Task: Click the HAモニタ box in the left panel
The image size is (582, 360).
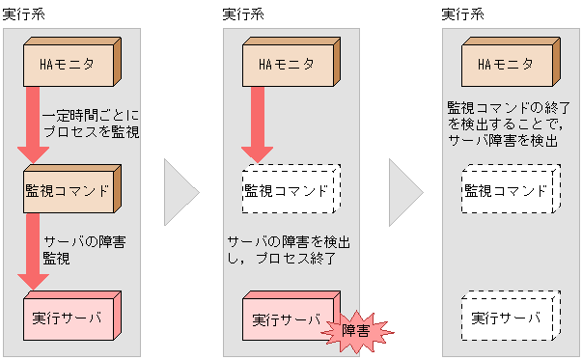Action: tap(68, 65)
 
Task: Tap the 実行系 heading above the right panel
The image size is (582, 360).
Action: tap(460, 14)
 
